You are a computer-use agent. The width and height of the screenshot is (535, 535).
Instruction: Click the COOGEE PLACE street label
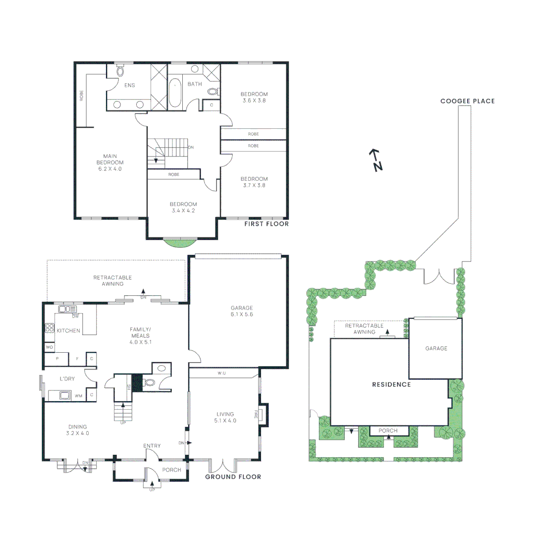click(x=468, y=101)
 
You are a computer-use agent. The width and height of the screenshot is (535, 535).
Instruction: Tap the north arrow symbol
click(x=376, y=160)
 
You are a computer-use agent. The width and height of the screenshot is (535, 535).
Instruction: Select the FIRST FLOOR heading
click(x=267, y=224)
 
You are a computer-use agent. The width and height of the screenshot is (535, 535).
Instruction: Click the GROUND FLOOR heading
click(x=233, y=477)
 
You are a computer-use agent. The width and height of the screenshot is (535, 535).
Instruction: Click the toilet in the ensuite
click(x=120, y=71)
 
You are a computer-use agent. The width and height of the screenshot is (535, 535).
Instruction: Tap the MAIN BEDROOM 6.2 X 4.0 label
click(x=110, y=162)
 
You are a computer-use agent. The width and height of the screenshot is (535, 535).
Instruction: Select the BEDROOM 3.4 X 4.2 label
click(x=183, y=208)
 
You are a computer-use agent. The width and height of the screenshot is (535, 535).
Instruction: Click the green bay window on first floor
click(x=180, y=242)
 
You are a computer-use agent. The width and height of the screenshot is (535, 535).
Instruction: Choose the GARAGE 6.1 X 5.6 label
click(x=242, y=311)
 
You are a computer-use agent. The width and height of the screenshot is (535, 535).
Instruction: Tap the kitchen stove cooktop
click(x=50, y=328)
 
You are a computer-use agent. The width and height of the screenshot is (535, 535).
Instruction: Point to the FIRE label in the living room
click(x=256, y=414)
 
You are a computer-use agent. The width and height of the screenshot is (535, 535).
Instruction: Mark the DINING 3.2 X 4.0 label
click(x=78, y=429)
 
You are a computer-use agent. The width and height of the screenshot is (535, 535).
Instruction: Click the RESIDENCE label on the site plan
click(x=392, y=384)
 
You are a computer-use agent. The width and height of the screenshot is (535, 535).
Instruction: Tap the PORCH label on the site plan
click(x=388, y=430)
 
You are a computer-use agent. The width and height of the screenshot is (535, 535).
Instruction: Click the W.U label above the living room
click(x=221, y=373)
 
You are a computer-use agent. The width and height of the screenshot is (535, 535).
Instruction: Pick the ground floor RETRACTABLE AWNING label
click(x=113, y=281)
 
